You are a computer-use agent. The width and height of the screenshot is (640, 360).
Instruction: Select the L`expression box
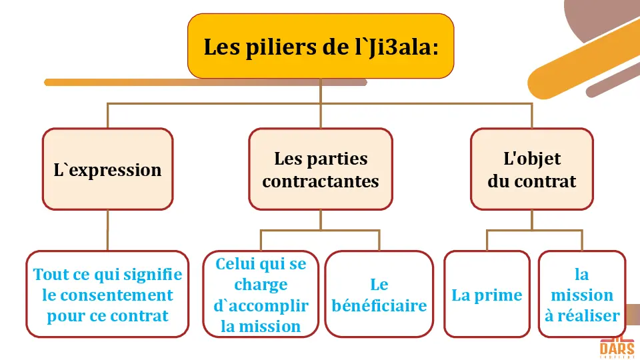[107, 169]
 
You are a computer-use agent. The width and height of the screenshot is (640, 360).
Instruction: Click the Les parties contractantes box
[321, 169]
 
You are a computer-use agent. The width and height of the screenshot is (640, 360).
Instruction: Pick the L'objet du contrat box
[531, 169]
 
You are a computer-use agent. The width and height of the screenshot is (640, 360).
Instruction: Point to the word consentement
[107, 295]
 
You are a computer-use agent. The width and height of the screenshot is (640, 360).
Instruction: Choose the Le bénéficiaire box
[379, 295]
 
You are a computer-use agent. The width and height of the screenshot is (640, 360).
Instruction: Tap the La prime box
[487, 295]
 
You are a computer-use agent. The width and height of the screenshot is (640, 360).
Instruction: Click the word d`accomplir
[261, 306]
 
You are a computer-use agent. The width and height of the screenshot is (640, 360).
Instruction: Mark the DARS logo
[616, 349]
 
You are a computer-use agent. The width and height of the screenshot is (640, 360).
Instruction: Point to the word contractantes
[321, 181]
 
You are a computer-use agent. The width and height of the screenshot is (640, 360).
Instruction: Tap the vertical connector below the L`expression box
[107, 230]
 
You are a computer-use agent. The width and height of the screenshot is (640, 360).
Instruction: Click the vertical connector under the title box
[321, 91]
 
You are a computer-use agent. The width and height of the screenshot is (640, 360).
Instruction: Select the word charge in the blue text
[261, 285]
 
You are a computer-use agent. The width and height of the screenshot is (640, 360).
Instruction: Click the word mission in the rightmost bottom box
[582, 295]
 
